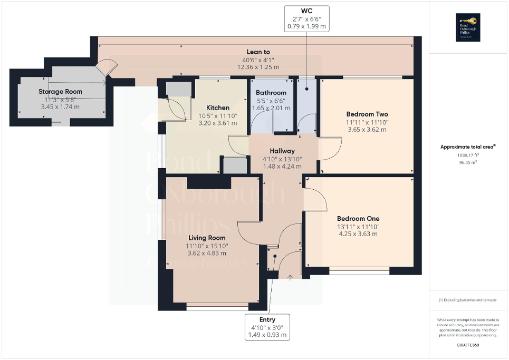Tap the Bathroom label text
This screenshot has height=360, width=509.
click(271, 93)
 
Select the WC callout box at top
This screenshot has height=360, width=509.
click(306, 17)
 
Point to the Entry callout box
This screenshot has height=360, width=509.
click(267, 327)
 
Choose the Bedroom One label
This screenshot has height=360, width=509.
click(358, 218)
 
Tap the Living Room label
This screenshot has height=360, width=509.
click(207, 238)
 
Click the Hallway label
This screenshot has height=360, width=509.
click(283, 151)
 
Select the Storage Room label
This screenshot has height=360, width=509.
click(60, 92)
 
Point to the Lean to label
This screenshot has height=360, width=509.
click(258, 52)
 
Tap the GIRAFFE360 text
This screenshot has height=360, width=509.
click(468, 345)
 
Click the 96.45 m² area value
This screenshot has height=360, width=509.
click(468, 162)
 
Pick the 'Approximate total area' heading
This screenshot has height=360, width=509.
click(468, 147)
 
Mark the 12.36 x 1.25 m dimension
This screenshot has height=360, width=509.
click(258, 67)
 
